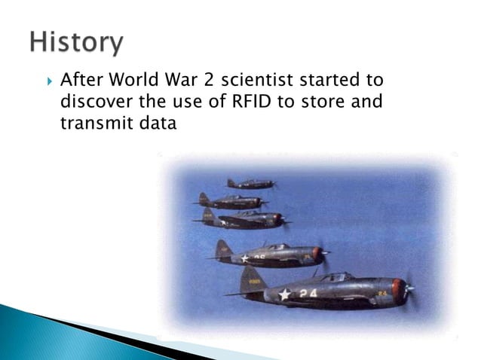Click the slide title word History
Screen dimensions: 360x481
[x=75, y=42]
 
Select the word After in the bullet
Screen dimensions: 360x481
[x=79, y=80]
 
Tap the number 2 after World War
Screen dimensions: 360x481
[x=208, y=80]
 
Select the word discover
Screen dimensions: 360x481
[x=92, y=102]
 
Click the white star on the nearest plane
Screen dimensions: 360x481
[x=284, y=294]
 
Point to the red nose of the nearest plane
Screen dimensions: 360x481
[x=399, y=291]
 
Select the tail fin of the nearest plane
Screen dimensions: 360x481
[x=253, y=280]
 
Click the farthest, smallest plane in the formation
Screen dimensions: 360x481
[x=251, y=184]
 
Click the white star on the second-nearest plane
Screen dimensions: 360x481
[x=245, y=258]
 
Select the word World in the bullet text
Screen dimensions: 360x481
[x=134, y=80]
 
